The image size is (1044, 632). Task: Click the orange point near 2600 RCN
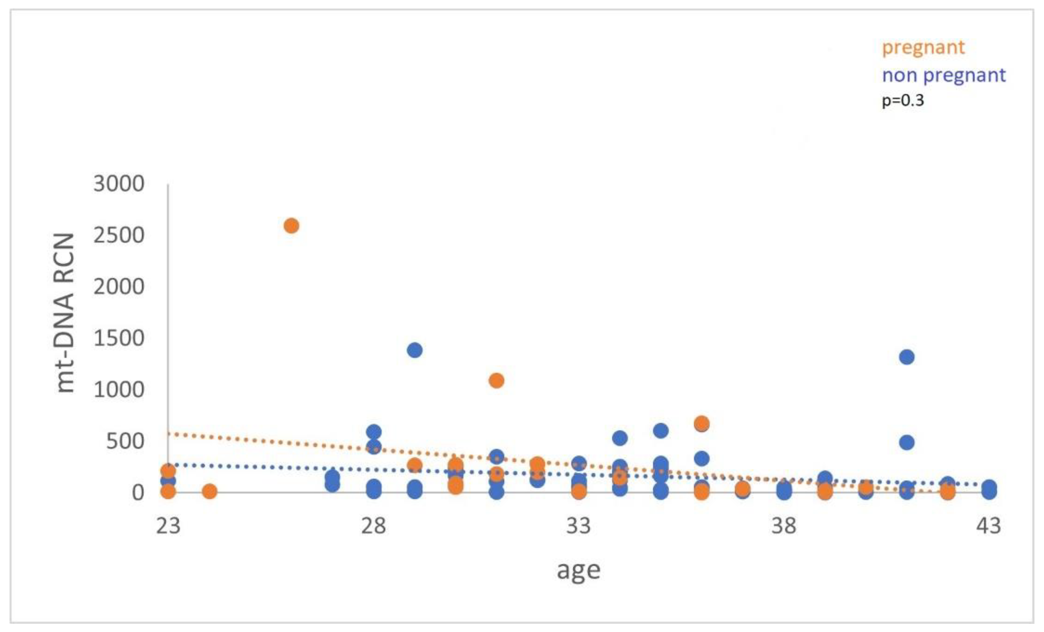pos(291,226)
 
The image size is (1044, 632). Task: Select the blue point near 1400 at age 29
pos(415,350)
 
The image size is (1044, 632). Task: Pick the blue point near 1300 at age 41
pos(907,357)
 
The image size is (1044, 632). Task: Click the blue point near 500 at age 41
pos(907,443)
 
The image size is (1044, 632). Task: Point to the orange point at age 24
pos(209,491)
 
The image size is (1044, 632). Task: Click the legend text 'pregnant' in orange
pos(923,47)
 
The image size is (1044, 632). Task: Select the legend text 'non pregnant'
pos(943,75)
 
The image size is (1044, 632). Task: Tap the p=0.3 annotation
pos(903,101)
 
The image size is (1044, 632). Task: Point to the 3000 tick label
pos(119,184)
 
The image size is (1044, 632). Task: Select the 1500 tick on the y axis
pos(119,338)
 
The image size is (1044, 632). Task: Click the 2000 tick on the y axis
pos(119,287)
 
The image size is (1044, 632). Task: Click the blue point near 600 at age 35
pos(661,431)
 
